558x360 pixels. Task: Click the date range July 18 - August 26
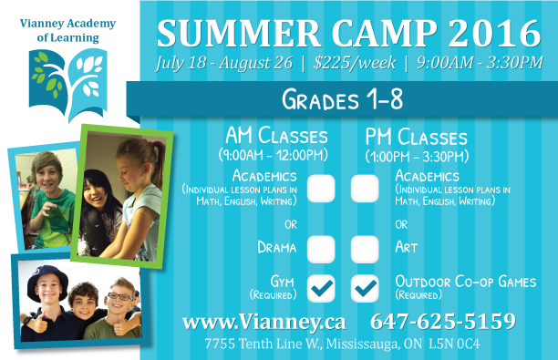(x=223, y=64)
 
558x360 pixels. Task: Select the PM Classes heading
(x=416, y=137)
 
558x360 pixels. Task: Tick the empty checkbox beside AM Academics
(x=321, y=188)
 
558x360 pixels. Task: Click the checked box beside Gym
(x=321, y=287)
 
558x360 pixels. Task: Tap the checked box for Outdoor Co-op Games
(x=365, y=287)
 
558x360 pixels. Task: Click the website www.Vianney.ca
(x=264, y=322)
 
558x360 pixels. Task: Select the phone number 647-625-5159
(x=443, y=322)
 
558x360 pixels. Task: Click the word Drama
(x=277, y=246)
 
